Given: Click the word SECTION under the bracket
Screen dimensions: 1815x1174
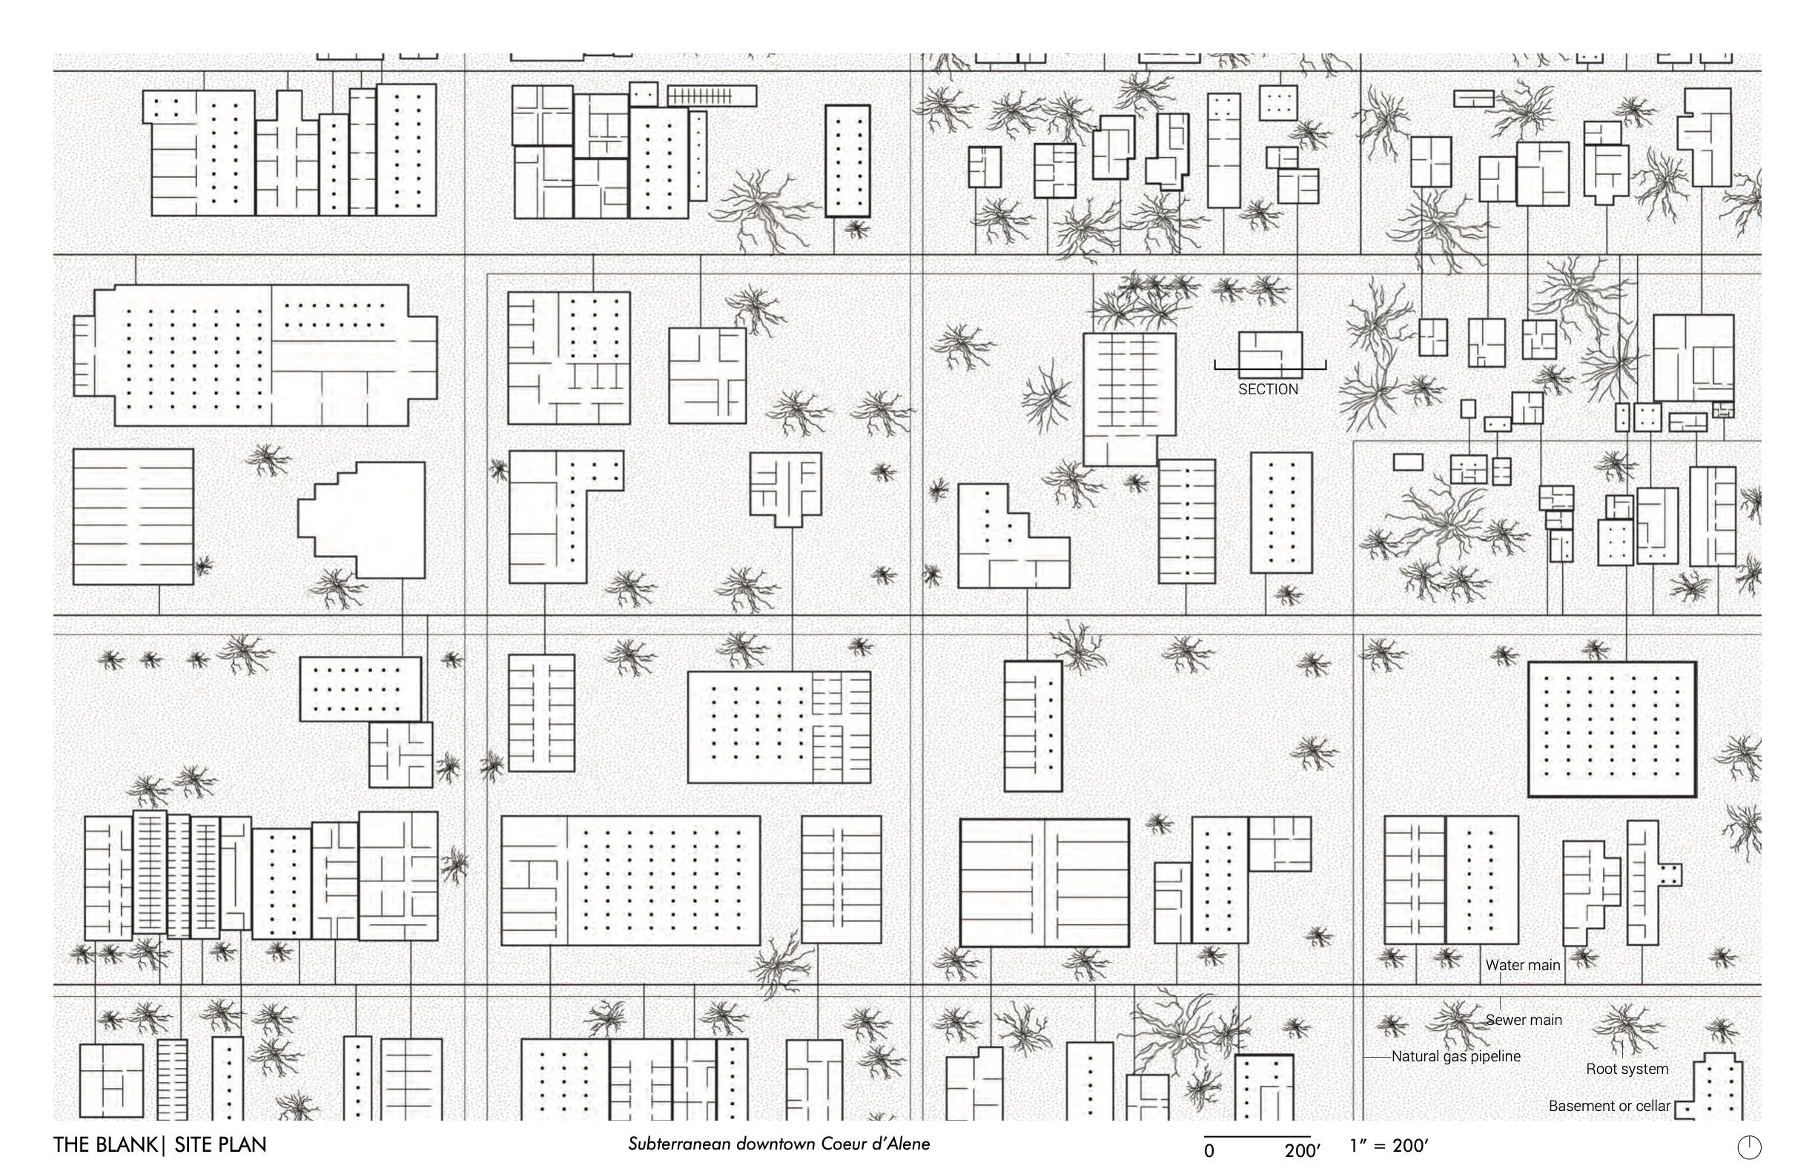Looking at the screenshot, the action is [x=1267, y=389].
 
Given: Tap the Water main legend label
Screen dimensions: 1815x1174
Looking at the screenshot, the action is [x=1523, y=965].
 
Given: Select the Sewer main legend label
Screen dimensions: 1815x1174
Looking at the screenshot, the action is [x=1524, y=1020].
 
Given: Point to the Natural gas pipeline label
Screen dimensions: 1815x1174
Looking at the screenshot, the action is [x=1456, y=1057].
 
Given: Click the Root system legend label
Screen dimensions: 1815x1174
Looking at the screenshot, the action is [x=1627, y=1069].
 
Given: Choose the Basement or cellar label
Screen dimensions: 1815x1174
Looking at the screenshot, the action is [x=1610, y=1105].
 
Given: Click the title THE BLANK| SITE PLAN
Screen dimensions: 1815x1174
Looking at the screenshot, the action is [x=160, y=1145].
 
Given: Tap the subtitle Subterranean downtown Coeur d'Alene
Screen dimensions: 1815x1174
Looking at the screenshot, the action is [x=778, y=1144].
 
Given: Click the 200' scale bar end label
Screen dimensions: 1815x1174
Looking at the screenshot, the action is [x=1302, y=1150].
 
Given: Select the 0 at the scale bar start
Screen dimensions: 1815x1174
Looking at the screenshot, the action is [x=1209, y=1150].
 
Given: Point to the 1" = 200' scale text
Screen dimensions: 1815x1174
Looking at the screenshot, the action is [x=1388, y=1146].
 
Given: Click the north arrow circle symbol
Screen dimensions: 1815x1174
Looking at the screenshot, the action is [x=1750, y=1147].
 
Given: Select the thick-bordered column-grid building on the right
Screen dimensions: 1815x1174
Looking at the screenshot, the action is [x=1612, y=729].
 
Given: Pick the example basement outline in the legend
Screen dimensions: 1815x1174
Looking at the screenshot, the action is [x=1708, y=1087].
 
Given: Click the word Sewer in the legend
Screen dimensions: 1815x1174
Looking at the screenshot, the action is [x=1503, y=1020].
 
